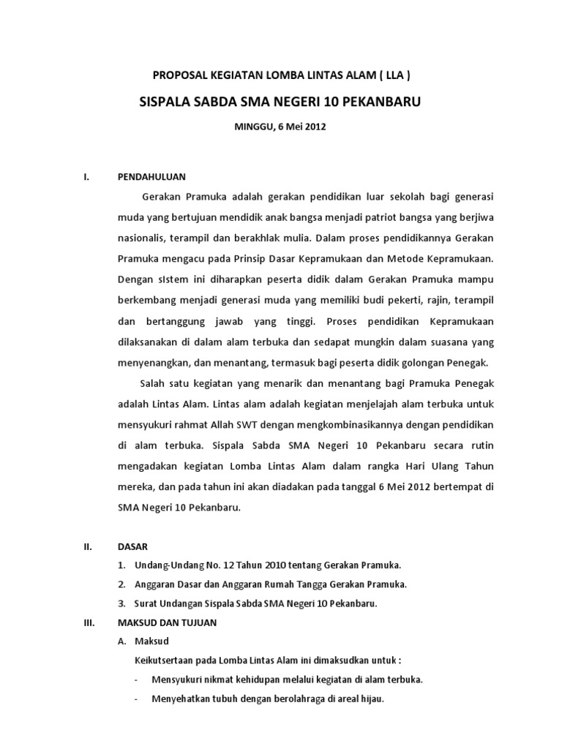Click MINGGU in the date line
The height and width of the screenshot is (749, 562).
click(251, 127)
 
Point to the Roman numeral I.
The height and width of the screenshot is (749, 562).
click(86, 177)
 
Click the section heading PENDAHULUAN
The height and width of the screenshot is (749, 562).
click(152, 177)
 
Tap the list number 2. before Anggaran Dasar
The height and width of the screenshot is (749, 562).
click(121, 584)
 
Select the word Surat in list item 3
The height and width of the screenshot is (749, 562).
click(147, 603)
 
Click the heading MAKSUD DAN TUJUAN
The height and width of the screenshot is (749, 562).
click(167, 622)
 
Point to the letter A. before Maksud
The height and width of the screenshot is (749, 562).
click(122, 641)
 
